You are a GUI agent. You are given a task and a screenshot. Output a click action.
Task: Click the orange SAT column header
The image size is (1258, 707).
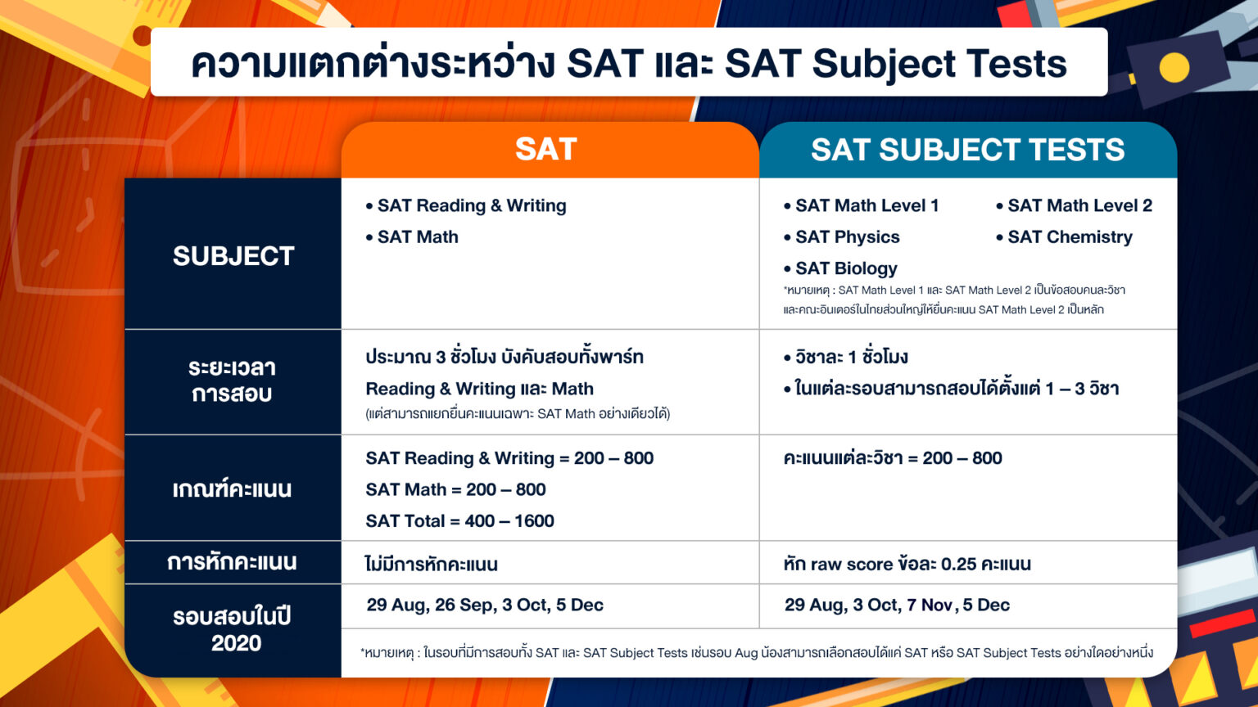click(546, 150)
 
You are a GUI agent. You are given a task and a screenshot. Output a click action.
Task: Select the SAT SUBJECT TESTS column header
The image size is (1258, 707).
click(967, 150)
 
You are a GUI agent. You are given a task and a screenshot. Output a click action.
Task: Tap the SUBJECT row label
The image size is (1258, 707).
click(233, 256)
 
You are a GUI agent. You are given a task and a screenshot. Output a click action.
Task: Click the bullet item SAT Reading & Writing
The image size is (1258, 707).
click(471, 205)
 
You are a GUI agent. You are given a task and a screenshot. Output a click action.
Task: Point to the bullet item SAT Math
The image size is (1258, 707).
click(418, 237)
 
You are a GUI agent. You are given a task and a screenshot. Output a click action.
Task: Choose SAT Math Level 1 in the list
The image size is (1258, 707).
click(867, 205)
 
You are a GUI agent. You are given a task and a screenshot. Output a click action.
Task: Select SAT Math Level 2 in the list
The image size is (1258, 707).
click(1079, 205)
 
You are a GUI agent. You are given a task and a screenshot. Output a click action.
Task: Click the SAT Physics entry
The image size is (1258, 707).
click(847, 237)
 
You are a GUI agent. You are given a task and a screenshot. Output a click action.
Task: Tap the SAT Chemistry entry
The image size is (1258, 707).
click(1070, 237)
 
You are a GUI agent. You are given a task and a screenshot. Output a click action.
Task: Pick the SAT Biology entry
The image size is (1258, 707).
click(846, 268)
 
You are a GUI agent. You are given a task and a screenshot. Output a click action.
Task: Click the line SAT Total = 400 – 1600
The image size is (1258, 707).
click(459, 521)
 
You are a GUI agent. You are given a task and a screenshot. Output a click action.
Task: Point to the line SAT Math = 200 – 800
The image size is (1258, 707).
click(455, 490)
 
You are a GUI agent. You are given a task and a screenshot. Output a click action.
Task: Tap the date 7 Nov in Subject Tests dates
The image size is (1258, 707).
click(929, 606)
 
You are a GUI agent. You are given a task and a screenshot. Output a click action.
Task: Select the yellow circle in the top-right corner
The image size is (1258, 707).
click(1174, 68)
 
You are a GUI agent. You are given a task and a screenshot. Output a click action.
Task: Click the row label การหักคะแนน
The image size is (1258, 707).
click(232, 563)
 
